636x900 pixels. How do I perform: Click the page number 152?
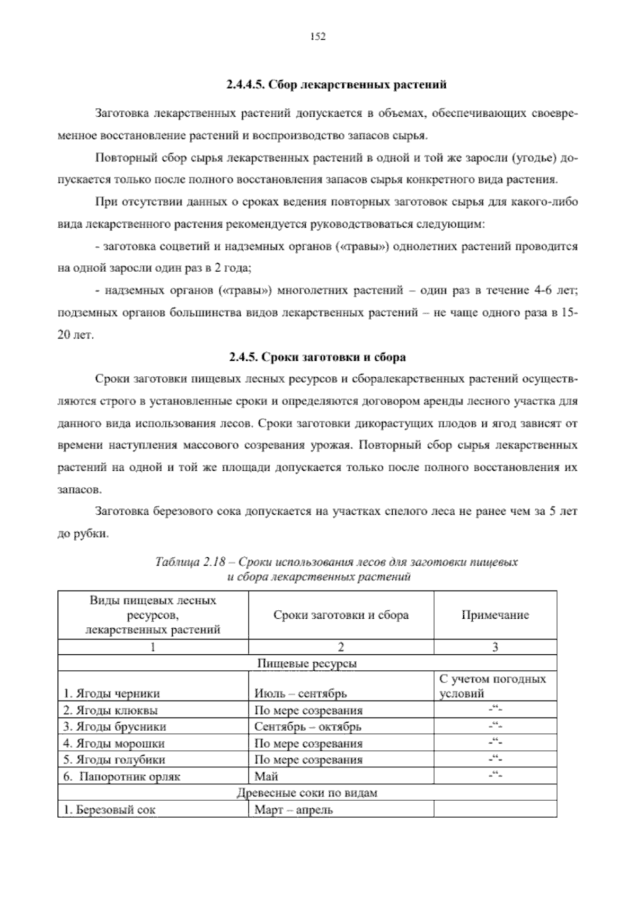pyautogui.click(x=317, y=36)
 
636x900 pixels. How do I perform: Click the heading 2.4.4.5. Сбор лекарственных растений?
pyautogui.click(x=337, y=85)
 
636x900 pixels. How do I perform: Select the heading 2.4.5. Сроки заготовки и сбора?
pyautogui.click(x=317, y=357)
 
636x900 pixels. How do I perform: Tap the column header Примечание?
pyautogui.click(x=495, y=615)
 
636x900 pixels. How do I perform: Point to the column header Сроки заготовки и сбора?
pyautogui.click(x=341, y=615)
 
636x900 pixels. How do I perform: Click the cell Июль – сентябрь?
pyautogui.click(x=301, y=694)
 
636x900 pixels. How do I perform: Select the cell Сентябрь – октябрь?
pyautogui.click(x=308, y=726)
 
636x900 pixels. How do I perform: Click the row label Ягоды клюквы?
pyautogui.click(x=110, y=710)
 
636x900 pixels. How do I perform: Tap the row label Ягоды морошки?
pyautogui.click(x=113, y=743)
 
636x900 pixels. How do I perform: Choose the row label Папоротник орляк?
pyautogui.click(x=122, y=776)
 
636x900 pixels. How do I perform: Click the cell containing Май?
pyautogui.click(x=267, y=776)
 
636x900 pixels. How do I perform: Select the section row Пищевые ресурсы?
pyautogui.click(x=307, y=663)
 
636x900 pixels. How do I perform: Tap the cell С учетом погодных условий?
pyautogui.click(x=492, y=686)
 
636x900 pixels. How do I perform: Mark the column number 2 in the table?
pyautogui.click(x=341, y=647)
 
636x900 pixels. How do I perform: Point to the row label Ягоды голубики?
pyautogui.click(x=114, y=759)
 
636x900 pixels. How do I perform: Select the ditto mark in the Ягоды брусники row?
pyautogui.click(x=495, y=726)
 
